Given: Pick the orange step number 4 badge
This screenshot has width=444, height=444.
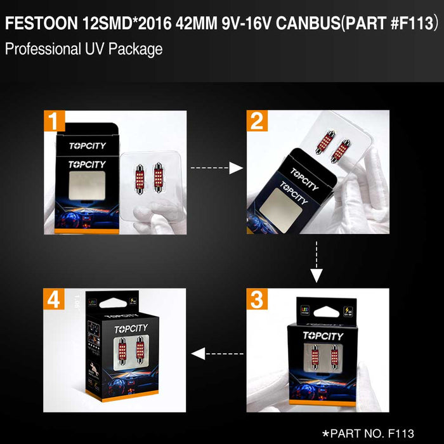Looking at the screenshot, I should click(55, 299).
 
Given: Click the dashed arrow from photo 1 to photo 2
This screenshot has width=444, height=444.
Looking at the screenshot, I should click(217, 167).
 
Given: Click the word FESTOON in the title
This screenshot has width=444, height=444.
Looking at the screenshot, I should click(41, 24).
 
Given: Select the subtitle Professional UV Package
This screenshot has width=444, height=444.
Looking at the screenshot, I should click(83, 49).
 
